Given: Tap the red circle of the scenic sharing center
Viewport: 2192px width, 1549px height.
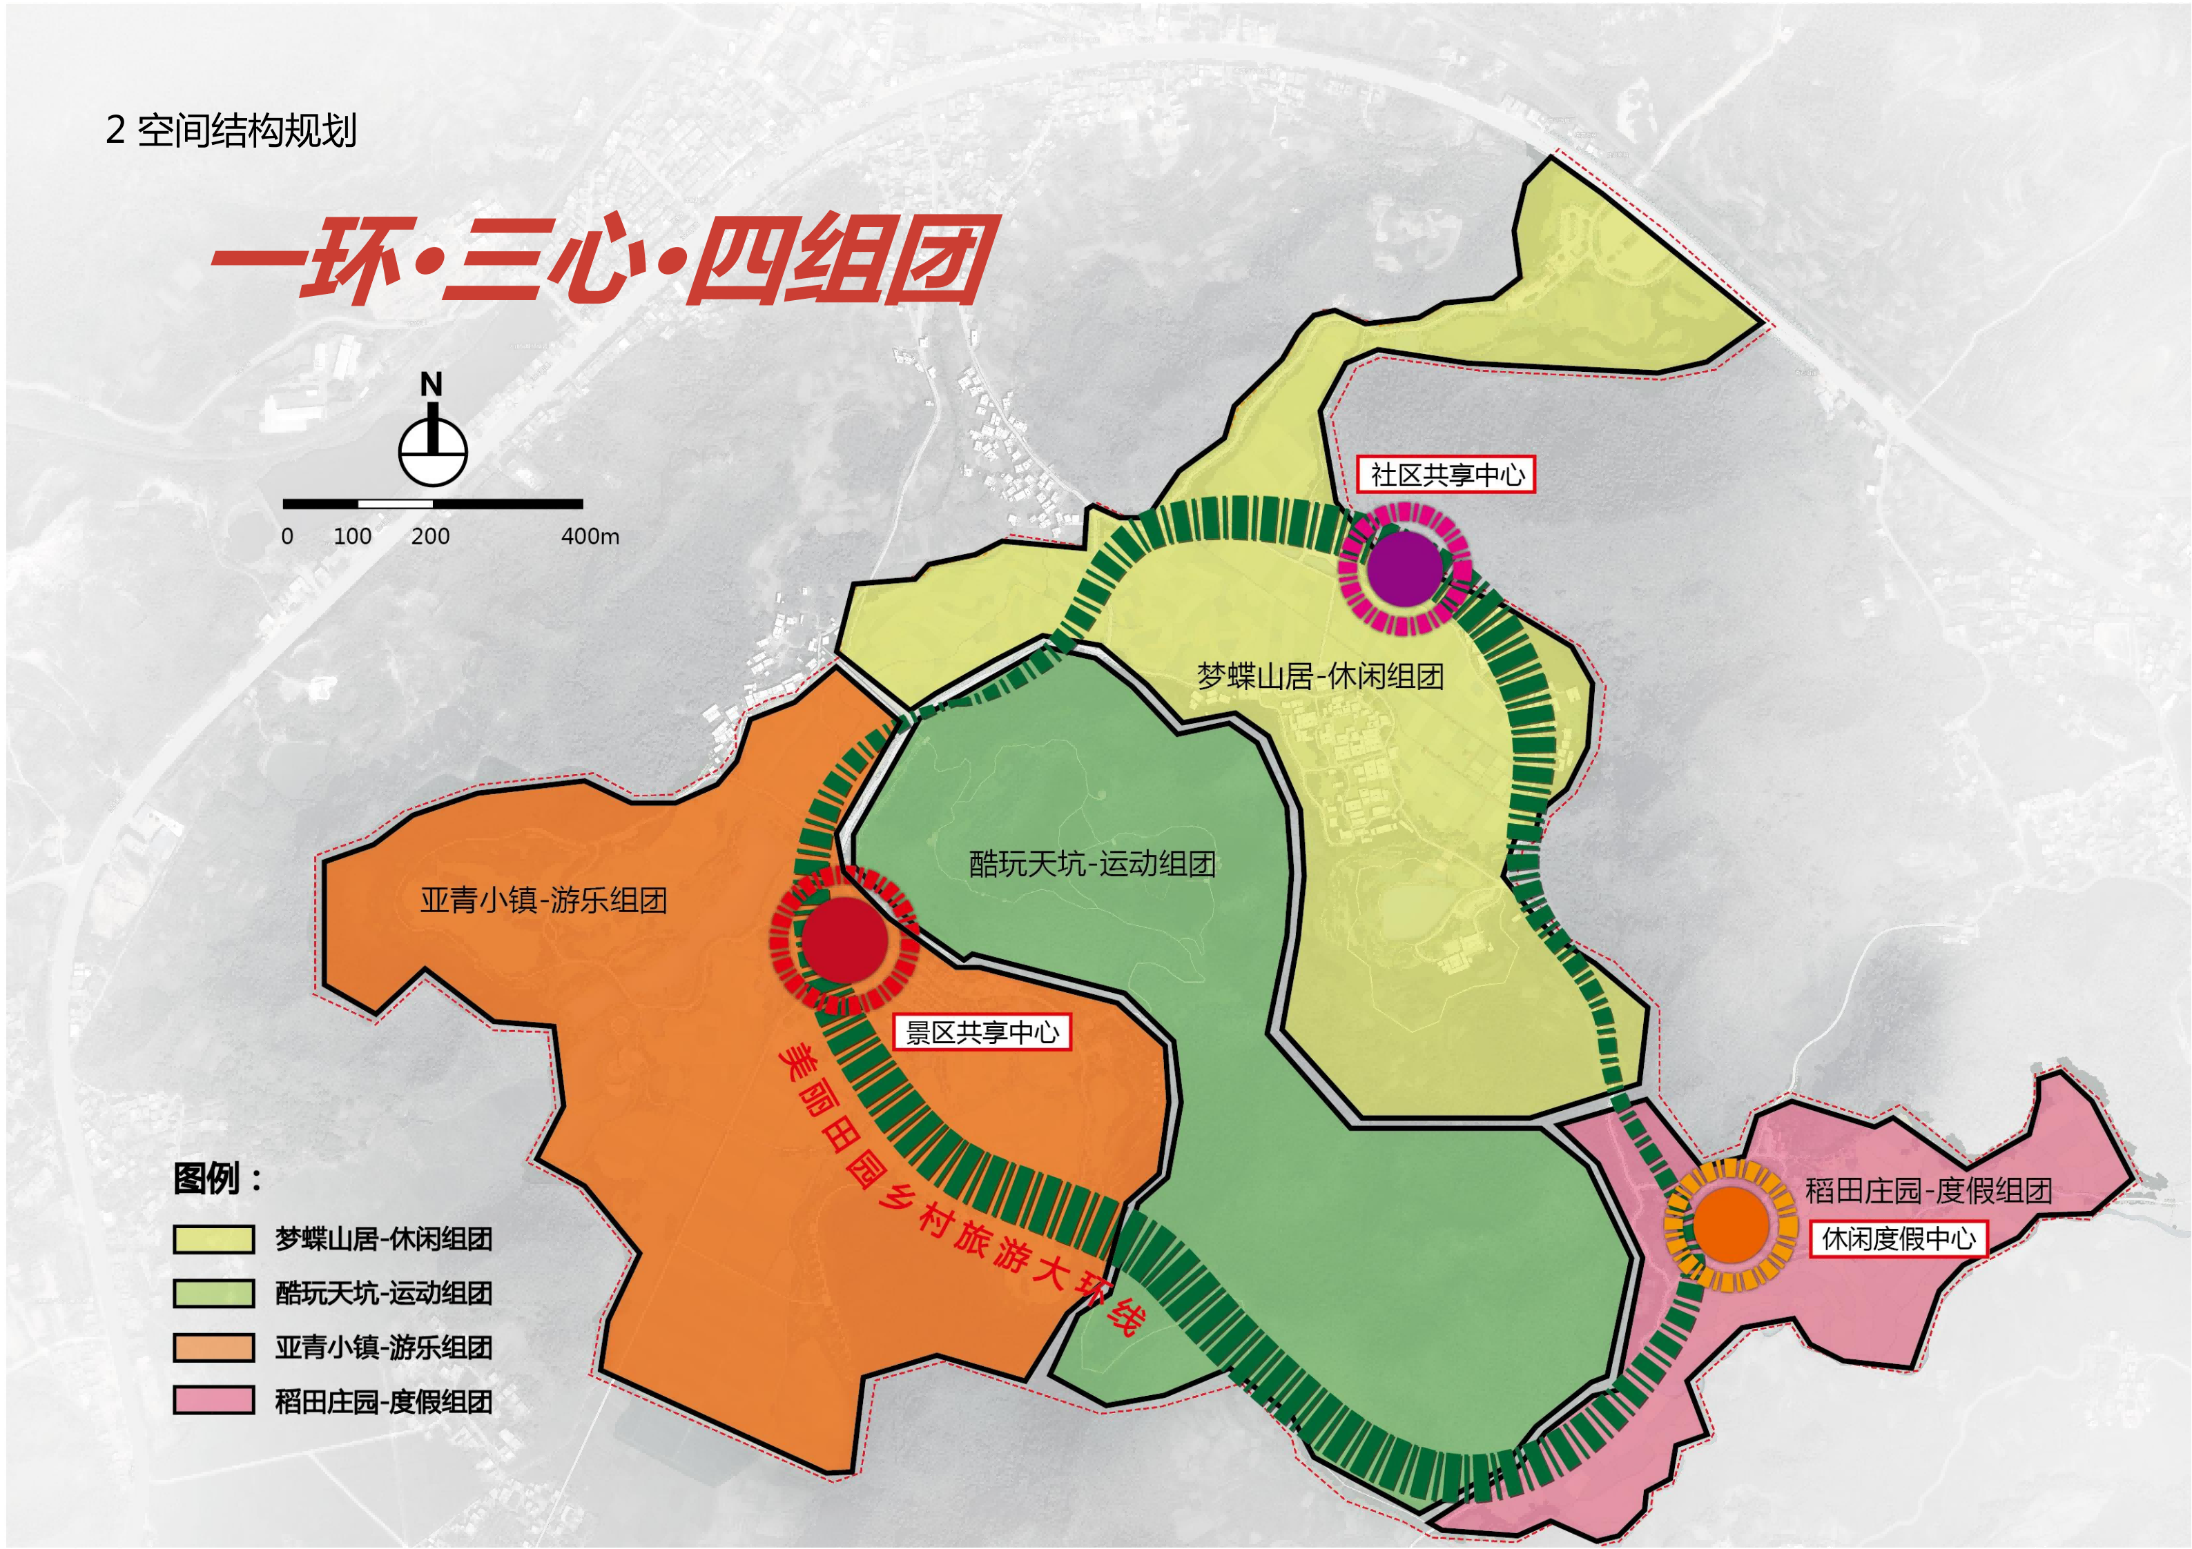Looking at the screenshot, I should point(844,939).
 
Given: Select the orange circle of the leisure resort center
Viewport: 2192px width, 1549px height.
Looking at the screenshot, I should point(1731,1225).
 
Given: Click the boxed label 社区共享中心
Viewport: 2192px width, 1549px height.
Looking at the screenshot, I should point(1446,474).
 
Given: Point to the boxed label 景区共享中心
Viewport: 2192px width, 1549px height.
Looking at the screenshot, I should point(982,1033).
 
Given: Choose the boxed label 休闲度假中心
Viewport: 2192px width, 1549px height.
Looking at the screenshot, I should point(1898,1239).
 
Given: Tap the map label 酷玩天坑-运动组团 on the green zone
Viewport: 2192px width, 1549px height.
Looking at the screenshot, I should point(1092,864).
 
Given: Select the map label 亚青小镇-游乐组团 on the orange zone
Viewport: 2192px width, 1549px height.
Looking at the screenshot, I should point(543,900).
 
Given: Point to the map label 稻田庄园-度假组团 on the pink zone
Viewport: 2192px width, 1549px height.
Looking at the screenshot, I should point(1928,1190).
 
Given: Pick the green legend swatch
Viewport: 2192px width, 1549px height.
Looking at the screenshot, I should point(214,1293).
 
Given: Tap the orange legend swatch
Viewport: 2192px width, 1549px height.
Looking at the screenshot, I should point(214,1348).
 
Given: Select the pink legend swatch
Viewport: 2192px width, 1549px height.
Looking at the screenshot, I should point(214,1401).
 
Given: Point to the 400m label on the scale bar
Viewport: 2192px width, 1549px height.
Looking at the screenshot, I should point(590,536).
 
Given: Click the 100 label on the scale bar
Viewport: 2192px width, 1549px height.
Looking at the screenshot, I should point(352,536).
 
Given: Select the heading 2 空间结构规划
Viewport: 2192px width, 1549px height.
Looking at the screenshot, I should point(231,131).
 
